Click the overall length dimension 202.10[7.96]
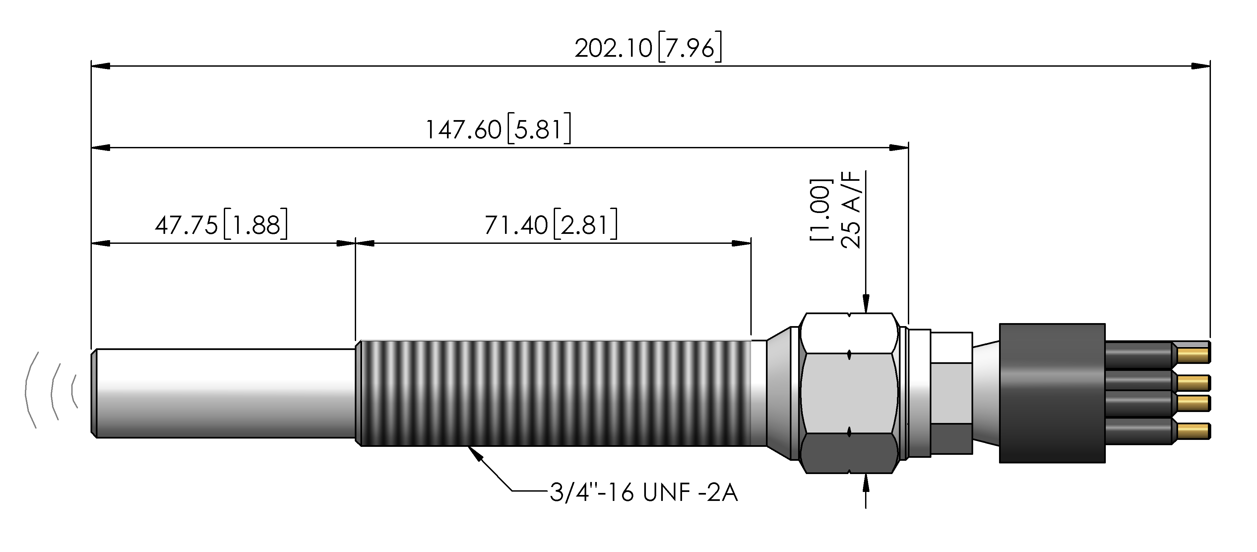(x=648, y=48)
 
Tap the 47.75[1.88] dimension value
(x=221, y=225)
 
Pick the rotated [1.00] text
(x=820, y=210)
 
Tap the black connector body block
(x=1052, y=393)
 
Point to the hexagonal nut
(x=849, y=393)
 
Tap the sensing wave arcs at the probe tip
(x=51, y=390)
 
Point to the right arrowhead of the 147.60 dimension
(x=899, y=147)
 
